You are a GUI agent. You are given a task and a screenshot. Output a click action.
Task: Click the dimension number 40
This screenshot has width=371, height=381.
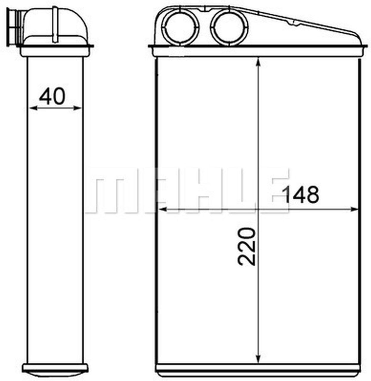[x=52, y=96]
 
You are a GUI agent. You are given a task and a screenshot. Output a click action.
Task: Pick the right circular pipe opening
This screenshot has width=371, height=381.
[x=229, y=27]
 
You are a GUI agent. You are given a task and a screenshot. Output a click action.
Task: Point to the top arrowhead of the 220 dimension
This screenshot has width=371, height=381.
[x=258, y=61]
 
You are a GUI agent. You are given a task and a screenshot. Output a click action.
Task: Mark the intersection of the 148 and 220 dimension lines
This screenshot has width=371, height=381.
[x=258, y=209]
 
